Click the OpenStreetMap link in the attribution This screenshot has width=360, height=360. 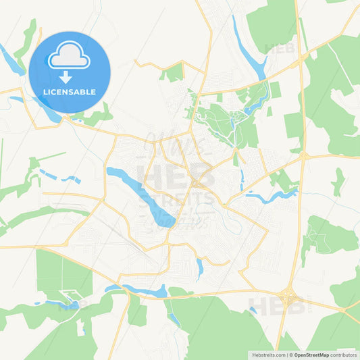[311, 354]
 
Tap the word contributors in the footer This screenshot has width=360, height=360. [344, 354]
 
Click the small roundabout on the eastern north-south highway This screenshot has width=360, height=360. [304, 156]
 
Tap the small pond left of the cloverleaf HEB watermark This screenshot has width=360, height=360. [253, 311]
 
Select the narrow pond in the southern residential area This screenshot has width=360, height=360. [199, 269]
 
